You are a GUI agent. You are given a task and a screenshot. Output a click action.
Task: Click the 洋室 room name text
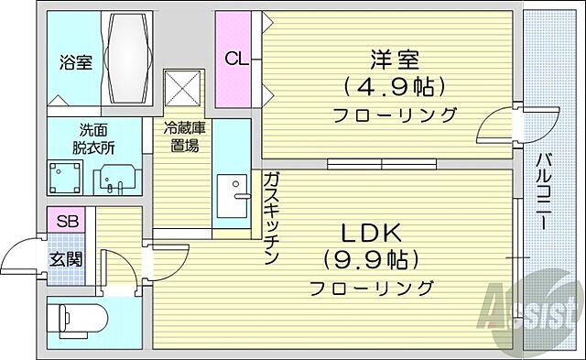pyautogui.click(x=395, y=61)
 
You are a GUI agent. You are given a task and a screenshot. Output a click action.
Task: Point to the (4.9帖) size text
pyautogui.click(x=395, y=88)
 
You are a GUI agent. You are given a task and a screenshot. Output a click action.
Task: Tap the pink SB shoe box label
pyautogui.click(x=67, y=221)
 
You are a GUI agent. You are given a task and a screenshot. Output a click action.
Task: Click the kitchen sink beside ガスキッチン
pyautogui.click(x=233, y=193)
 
